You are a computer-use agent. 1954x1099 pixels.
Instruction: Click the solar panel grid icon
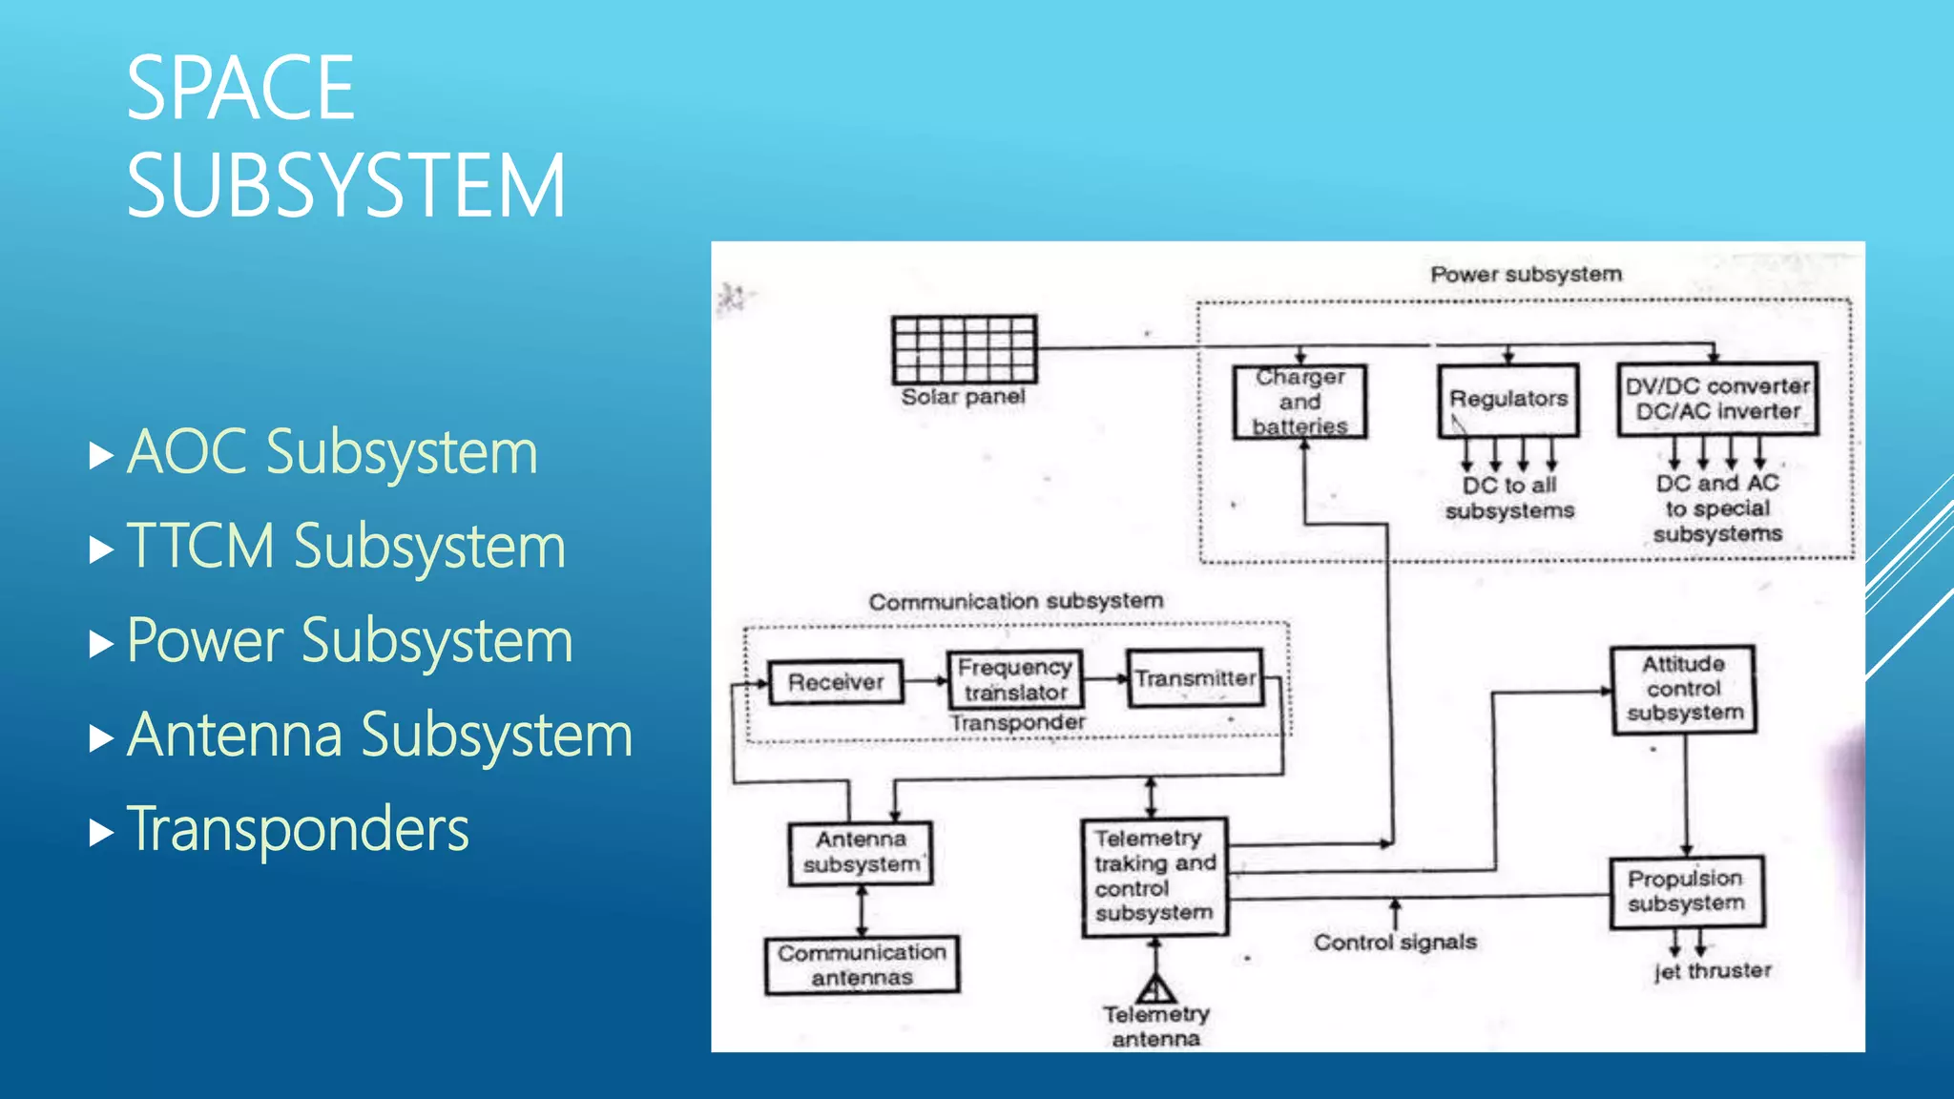point(964,349)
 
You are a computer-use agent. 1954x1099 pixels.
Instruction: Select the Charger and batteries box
point(1299,402)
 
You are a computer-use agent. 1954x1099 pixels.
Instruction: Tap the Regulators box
point(1508,400)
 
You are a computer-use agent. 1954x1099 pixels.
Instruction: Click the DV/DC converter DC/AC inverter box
point(1717,400)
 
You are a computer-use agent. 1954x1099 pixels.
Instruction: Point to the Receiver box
point(836,682)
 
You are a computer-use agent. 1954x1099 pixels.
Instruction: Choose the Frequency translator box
point(1015,679)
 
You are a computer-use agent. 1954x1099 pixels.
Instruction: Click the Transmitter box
point(1195,678)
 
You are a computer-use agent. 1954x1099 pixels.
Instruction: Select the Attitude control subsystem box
point(1684,690)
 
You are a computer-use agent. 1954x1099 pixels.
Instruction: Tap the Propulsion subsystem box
point(1687,892)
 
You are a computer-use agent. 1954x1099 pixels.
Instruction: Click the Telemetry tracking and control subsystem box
point(1154,877)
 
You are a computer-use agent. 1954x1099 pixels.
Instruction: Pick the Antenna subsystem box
point(861,853)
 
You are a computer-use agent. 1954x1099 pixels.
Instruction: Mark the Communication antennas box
point(862,964)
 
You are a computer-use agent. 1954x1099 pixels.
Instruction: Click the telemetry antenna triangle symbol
point(1155,988)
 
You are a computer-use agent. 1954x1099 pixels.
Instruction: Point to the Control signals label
point(1395,943)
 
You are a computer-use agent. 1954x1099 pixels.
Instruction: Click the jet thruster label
point(1713,971)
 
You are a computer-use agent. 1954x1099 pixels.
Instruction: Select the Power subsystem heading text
point(1526,275)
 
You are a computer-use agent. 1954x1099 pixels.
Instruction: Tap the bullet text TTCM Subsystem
point(345,547)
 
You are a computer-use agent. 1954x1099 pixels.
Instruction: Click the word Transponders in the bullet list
point(298,829)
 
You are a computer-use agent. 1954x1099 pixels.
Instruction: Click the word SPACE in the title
point(240,89)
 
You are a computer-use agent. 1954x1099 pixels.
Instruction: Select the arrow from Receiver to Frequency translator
point(925,681)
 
